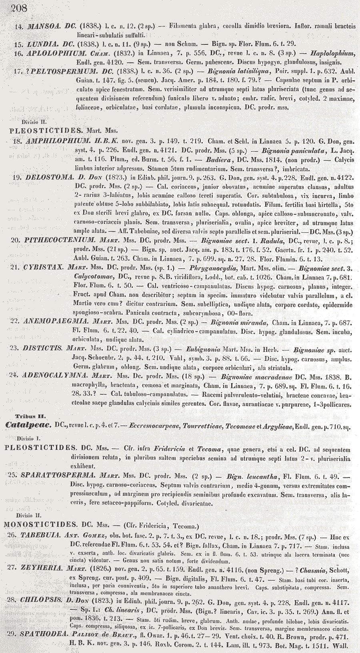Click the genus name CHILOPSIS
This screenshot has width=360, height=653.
(x=42, y=602)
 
